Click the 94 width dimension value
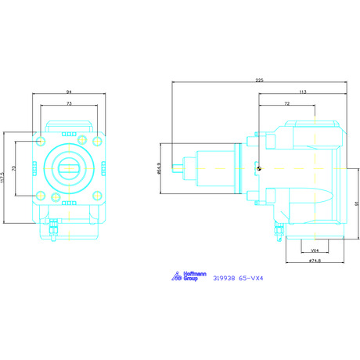coord(69,92)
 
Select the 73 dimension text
coord(69,103)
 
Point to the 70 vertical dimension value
coord(14,168)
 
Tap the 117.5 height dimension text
coord(2,178)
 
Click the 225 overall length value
coord(259,81)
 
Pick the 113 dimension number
coord(303,92)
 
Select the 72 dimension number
coord(287,103)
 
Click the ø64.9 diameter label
coord(159,168)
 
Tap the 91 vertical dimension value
coord(357,203)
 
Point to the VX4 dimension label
coord(315,250)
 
